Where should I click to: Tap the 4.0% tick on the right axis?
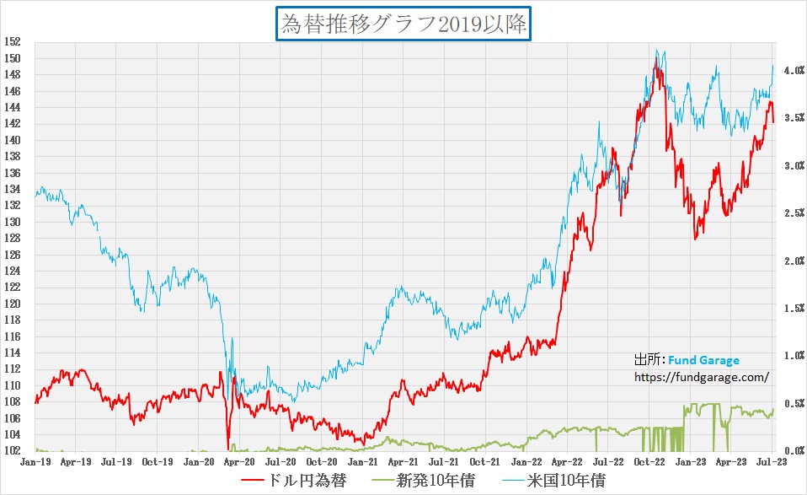pyautogui.click(x=793, y=72)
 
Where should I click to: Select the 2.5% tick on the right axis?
pyautogui.click(x=793, y=213)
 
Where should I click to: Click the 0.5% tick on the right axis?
pyautogui.click(x=793, y=404)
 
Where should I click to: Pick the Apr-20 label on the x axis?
pyautogui.click(x=239, y=461)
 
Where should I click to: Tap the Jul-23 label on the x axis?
pyautogui.click(x=772, y=461)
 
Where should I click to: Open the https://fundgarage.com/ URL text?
pyautogui.click(x=702, y=377)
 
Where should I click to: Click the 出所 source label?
pyautogui.click(x=649, y=361)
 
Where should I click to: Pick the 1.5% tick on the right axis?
pyautogui.click(x=793, y=309)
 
